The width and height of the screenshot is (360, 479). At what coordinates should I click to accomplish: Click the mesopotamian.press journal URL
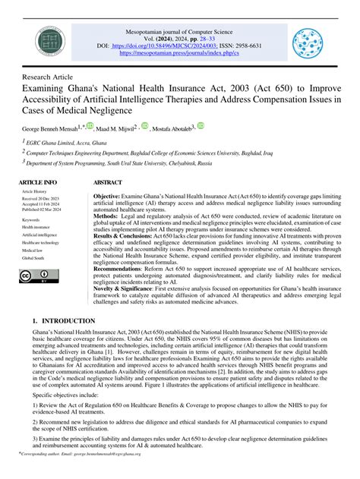coord(180,55)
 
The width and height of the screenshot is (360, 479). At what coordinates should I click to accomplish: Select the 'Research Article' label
coord(47,77)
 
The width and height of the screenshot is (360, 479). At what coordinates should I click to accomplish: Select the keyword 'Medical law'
coord(33,249)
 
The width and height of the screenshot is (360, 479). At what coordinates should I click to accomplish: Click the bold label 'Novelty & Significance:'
coord(127,288)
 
